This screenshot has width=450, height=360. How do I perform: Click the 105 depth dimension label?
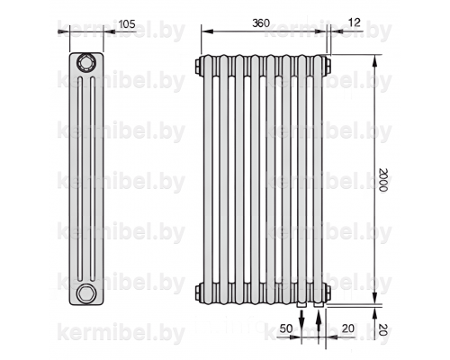pos(127,24)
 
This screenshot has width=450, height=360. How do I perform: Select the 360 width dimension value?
pos(261,23)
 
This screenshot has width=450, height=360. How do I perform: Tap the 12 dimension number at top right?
pos(355,22)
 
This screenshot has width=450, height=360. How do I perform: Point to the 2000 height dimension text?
pos(383,180)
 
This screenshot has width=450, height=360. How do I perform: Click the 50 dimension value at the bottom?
pos(285,328)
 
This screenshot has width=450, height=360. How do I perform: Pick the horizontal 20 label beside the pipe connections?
pos(348,328)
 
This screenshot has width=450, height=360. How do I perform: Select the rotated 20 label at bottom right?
pos(383,329)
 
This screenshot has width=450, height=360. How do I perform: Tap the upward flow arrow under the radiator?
pos(319,323)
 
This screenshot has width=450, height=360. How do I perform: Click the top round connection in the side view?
pos(86,63)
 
